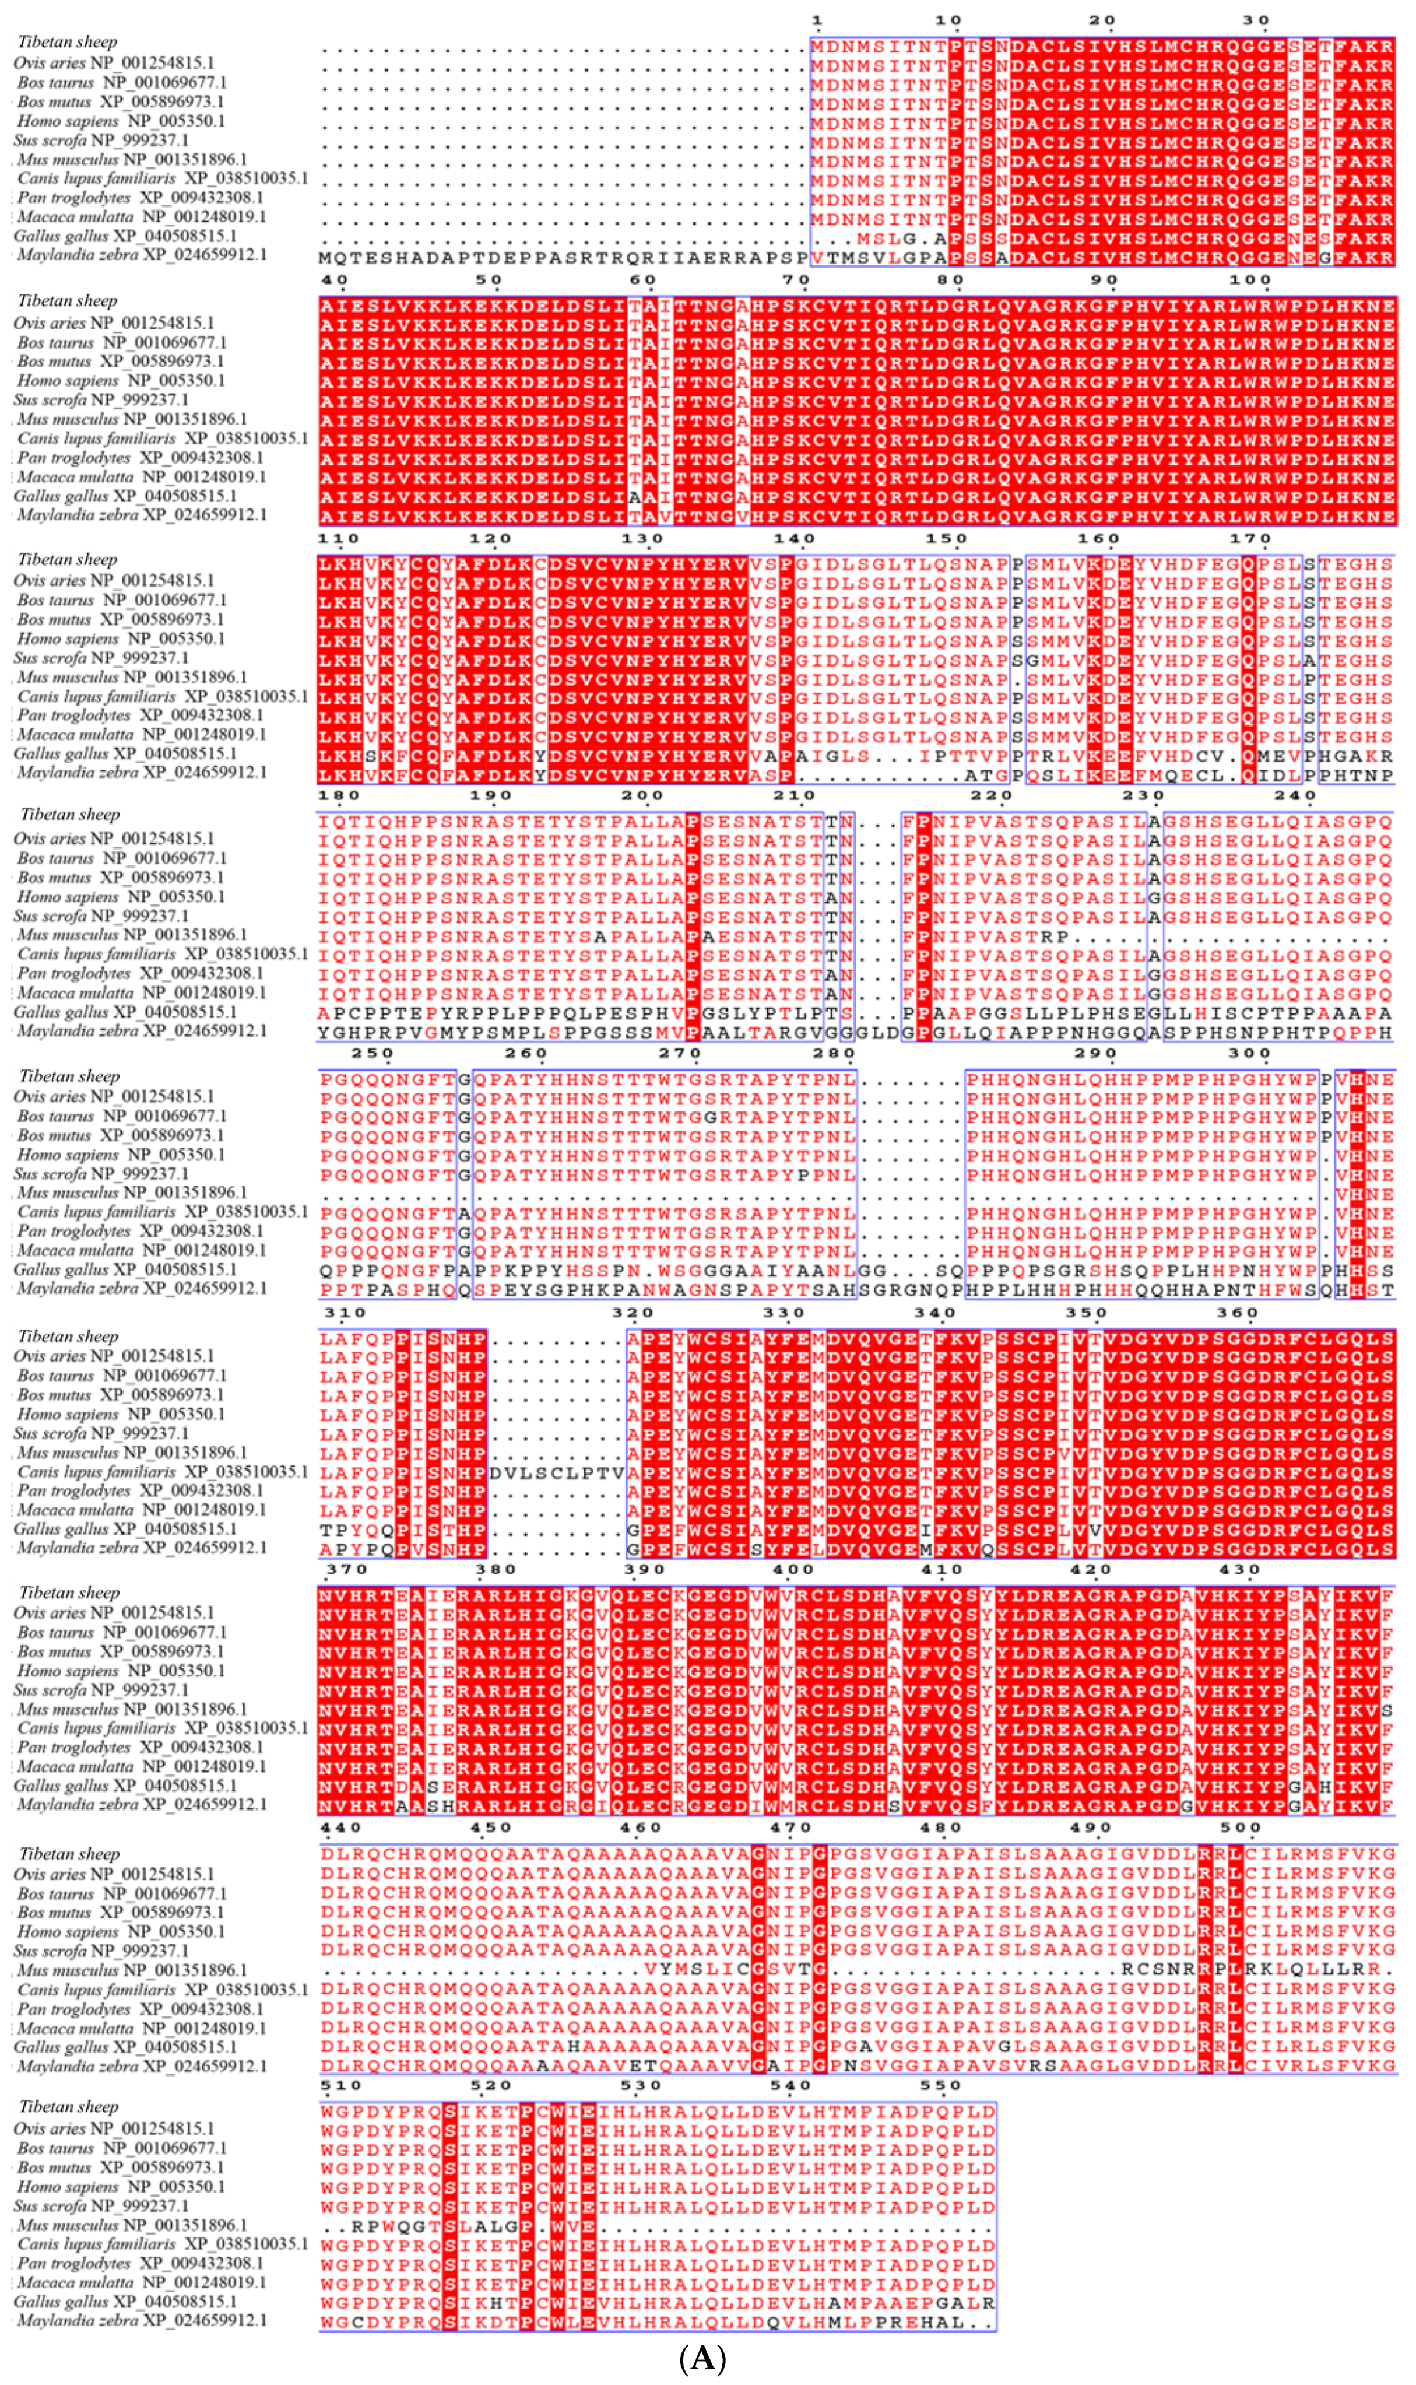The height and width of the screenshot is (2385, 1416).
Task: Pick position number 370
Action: click(340, 1569)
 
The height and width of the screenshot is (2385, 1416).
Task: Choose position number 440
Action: click(340, 1827)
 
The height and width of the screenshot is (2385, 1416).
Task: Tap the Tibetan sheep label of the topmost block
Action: click(68, 42)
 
